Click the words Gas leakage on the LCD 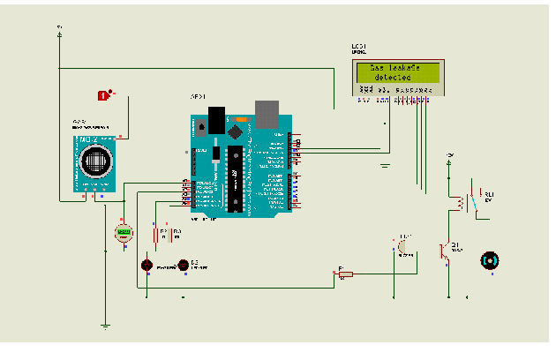[x=394, y=68]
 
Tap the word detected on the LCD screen [x=394, y=78]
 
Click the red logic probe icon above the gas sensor [x=104, y=94]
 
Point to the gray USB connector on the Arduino [x=266, y=111]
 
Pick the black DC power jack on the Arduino [x=214, y=118]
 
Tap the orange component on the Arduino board [x=240, y=119]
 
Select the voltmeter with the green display [x=124, y=233]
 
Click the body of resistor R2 [x=157, y=236]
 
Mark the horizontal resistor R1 [x=346, y=274]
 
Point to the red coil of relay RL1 [x=459, y=204]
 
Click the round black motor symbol [x=488, y=260]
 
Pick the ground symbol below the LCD [x=385, y=164]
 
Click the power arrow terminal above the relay [x=449, y=158]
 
